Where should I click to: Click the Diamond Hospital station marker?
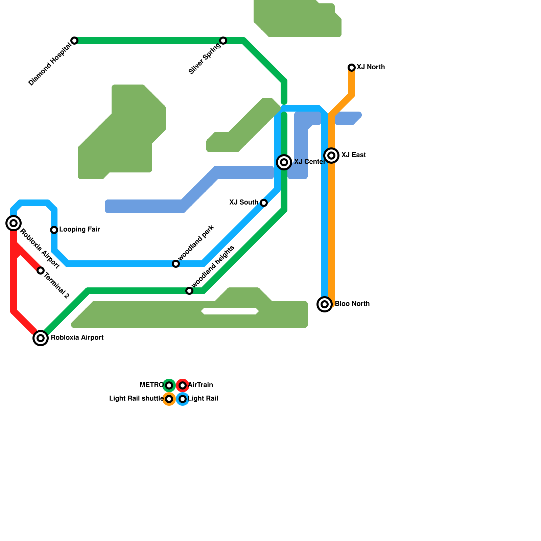pos(74,41)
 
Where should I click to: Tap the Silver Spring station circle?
pos(223,41)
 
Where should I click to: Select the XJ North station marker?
pos(352,68)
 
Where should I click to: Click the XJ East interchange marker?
pos(331,156)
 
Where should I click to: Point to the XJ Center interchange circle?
pos(284,162)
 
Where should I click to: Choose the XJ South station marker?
pos(264,203)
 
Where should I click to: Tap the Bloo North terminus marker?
pos(325,304)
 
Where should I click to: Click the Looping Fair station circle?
pos(54,230)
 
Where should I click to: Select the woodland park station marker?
pos(176,264)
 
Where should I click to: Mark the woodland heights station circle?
pos(189,291)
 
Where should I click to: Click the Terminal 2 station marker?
pos(41,270)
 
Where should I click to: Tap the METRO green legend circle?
pos(169,385)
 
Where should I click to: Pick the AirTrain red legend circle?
pos(183,385)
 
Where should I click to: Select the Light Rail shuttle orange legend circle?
pos(169,399)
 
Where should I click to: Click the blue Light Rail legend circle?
pos(183,399)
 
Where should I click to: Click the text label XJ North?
pos(371,67)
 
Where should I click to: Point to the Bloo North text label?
pos(352,304)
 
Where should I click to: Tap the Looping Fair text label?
pos(79,230)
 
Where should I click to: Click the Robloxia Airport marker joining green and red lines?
pos(41,338)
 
